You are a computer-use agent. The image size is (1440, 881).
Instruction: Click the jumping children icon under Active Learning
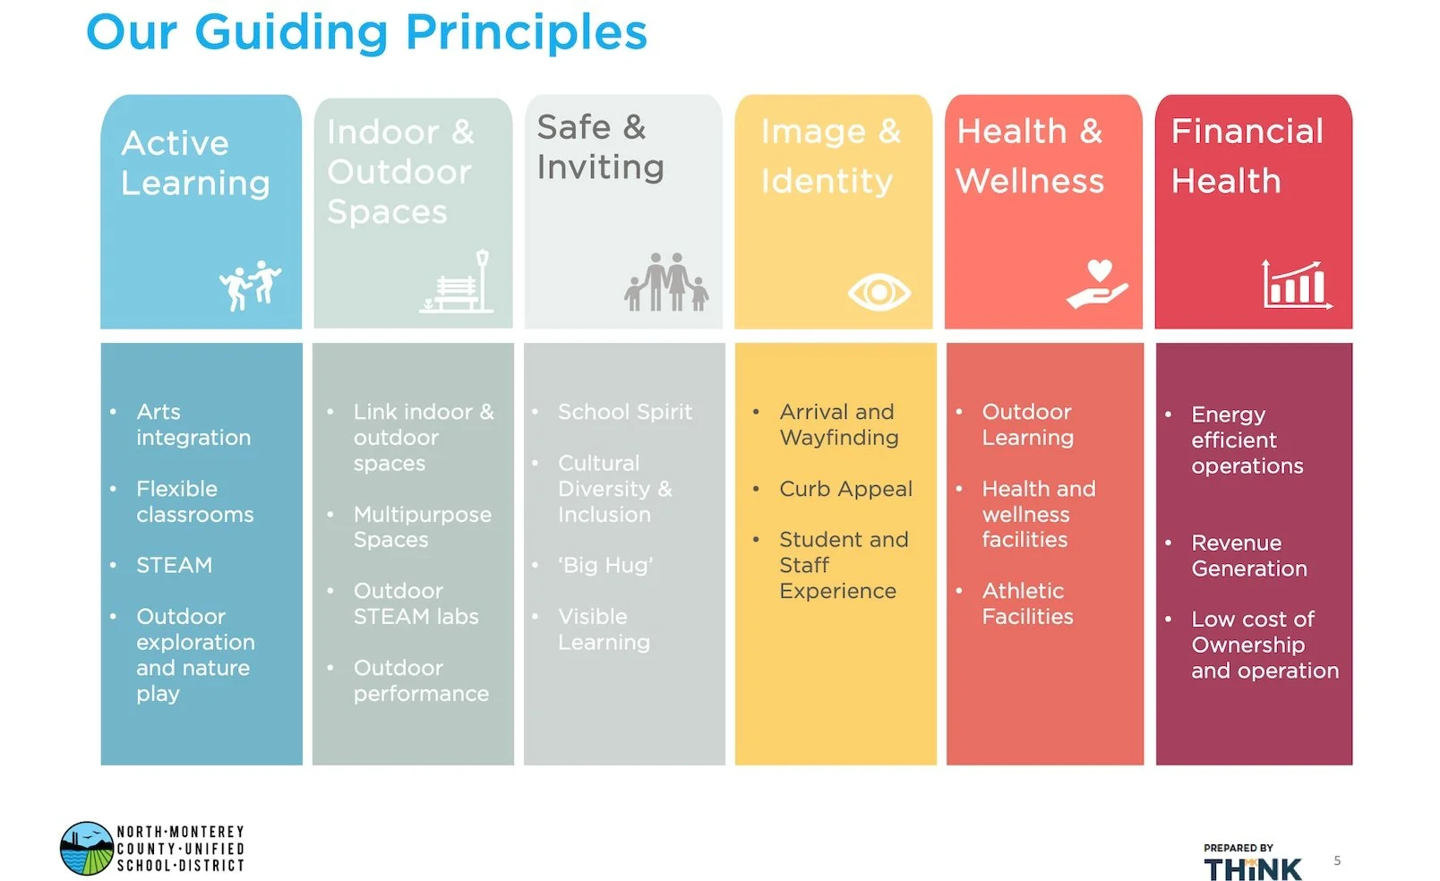click(x=250, y=285)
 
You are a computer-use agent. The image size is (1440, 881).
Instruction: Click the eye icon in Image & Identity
click(x=879, y=292)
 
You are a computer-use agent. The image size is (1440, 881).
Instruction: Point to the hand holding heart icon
click(x=1097, y=284)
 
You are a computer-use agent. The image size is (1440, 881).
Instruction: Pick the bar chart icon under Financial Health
click(x=1296, y=285)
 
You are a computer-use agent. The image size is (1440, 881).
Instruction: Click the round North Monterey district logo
click(x=86, y=848)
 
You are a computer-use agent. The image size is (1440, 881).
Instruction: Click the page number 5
click(x=1337, y=860)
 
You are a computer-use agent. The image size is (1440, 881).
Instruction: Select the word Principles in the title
click(x=526, y=32)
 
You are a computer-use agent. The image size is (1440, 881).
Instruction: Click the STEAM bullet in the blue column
click(x=174, y=565)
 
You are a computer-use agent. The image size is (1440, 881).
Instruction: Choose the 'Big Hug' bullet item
click(x=605, y=565)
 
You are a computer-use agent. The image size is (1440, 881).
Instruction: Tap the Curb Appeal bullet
click(x=845, y=489)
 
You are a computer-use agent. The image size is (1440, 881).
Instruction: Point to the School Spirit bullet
click(x=624, y=412)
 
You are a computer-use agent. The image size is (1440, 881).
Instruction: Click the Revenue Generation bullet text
click(x=1248, y=555)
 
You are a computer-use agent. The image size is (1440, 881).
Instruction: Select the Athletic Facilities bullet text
click(x=1026, y=603)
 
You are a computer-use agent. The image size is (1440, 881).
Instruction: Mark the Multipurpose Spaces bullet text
click(x=422, y=526)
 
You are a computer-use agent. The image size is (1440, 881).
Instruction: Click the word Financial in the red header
click(x=1247, y=132)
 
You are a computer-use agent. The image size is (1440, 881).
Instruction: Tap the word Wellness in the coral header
click(x=1030, y=181)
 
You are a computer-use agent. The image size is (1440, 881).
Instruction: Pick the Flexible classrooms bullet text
click(x=194, y=501)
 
